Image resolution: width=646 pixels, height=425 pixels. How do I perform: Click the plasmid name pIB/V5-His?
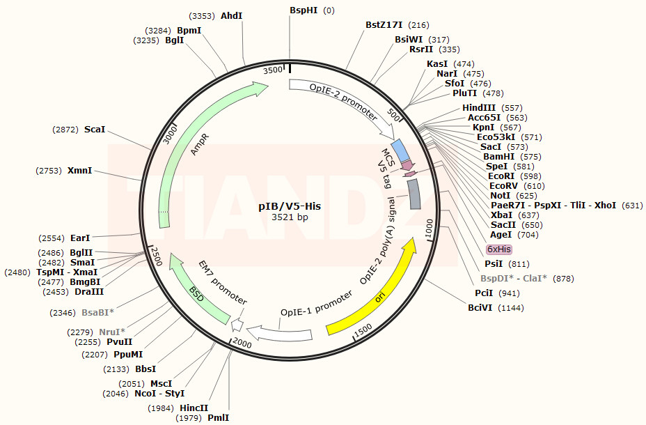point(290,206)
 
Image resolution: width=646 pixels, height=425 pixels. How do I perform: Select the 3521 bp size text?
point(290,217)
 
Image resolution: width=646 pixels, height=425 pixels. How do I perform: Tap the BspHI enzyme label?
point(305,10)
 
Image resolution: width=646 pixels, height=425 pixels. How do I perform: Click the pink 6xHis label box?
point(499,249)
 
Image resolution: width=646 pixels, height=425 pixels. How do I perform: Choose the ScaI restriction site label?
point(94,130)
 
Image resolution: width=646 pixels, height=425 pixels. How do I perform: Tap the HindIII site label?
point(479,108)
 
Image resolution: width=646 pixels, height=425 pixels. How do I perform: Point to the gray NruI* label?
point(112,332)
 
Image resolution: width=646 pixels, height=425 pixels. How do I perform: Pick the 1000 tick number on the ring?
point(429,229)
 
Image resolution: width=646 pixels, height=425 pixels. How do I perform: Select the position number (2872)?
point(65,130)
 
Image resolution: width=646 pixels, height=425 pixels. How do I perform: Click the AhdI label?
point(232,15)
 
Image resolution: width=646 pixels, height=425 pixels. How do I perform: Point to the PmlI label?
point(218,418)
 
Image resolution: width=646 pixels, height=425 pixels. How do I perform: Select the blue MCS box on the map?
point(400,149)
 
